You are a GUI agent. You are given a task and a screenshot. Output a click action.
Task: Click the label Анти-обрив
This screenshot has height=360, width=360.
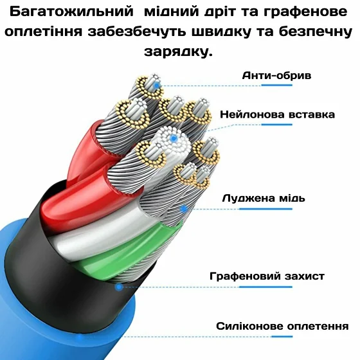pyautogui.click(x=276, y=76)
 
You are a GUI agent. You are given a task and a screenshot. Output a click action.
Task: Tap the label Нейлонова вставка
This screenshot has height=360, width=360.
pyautogui.click(x=278, y=114)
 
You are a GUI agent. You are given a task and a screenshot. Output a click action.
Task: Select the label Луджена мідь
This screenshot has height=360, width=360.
pyautogui.click(x=264, y=199)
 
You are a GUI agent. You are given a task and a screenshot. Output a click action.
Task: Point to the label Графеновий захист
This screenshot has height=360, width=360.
pyautogui.click(x=267, y=276)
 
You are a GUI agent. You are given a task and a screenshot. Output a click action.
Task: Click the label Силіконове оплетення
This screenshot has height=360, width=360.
pyautogui.click(x=282, y=327)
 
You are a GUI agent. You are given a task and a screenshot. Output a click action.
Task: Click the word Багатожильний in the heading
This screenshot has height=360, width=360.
pyautogui.click(x=71, y=12)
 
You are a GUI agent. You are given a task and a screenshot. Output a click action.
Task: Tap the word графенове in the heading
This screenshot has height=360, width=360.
pyautogui.click(x=305, y=12)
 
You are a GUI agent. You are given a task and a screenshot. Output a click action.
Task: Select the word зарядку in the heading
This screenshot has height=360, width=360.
pyautogui.click(x=178, y=52)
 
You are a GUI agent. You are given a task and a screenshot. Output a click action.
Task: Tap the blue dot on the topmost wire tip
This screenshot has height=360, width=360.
pyautogui.click(x=157, y=86)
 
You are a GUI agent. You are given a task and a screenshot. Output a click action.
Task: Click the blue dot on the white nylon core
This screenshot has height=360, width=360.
pyautogui.click(x=174, y=138)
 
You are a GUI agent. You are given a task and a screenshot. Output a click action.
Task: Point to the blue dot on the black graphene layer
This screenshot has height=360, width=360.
pyautogui.click(x=119, y=287)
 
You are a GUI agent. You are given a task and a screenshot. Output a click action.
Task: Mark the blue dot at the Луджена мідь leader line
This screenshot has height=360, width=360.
pyautogui.click(x=184, y=209)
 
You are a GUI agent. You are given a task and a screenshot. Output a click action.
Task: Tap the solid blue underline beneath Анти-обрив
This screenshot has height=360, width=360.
pyautogui.click(x=277, y=85)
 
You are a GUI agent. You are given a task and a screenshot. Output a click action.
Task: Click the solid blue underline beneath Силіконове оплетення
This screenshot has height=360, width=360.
pyautogui.click(x=282, y=337)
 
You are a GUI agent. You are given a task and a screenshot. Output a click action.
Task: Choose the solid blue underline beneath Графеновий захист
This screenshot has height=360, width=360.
pyautogui.click(x=265, y=287)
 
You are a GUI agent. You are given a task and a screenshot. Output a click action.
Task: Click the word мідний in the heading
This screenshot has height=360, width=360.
pyautogui.click(x=171, y=12)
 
